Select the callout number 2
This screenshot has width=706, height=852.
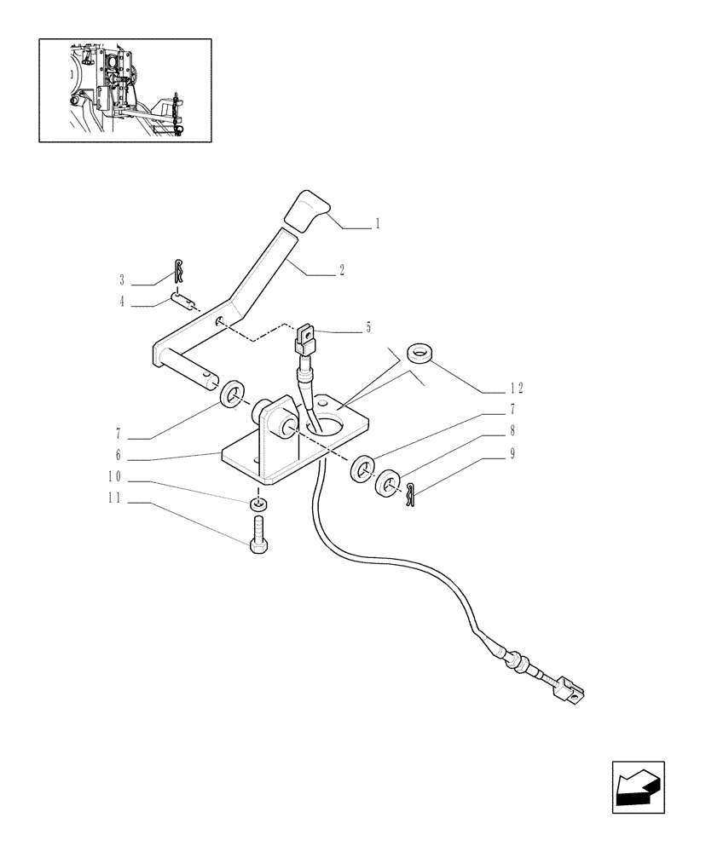tap(341, 271)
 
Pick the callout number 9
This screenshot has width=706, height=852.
tap(512, 454)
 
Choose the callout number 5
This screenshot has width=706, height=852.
tap(367, 327)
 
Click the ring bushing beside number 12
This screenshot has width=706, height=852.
tap(419, 352)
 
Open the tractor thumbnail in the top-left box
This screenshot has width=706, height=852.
tap(124, 89)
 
